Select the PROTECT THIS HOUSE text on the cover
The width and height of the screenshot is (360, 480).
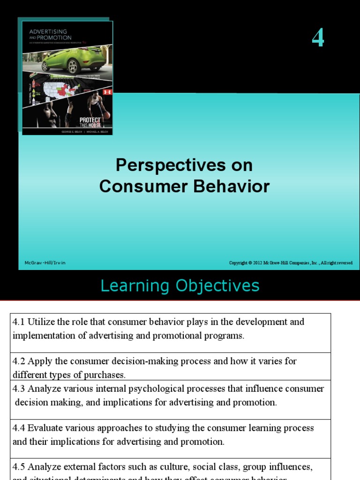[x=90, y=123]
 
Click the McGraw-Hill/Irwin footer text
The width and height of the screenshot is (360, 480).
[x=45, y=263]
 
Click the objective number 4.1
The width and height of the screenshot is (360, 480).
[x=19, y=322]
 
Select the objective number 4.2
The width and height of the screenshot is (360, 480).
[x=19, y=361]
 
